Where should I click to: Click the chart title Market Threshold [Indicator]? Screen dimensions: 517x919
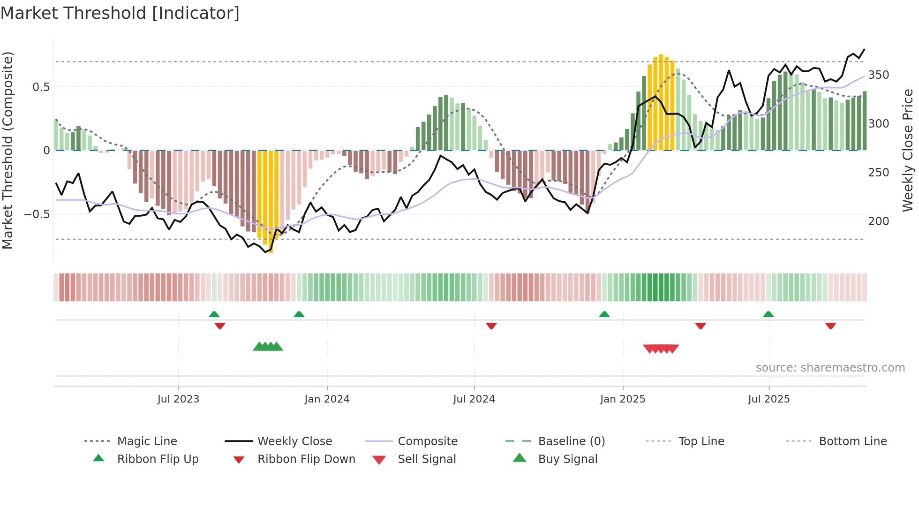120,13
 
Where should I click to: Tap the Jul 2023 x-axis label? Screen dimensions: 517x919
178,399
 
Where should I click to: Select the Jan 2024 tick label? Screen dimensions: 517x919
327,399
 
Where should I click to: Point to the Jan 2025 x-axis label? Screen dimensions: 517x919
623,399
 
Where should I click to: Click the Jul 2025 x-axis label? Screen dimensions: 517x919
769,399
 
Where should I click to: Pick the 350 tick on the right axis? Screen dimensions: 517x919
879,75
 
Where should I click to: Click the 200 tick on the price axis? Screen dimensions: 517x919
879,221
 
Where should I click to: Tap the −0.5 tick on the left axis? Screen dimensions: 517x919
37,214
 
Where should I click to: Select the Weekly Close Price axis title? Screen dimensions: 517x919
908,150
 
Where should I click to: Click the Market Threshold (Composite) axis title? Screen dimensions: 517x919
8,150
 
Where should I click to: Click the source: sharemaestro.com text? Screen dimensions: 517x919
830,368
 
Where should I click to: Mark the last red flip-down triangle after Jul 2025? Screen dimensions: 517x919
830,326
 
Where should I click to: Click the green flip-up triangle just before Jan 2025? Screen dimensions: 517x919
604,314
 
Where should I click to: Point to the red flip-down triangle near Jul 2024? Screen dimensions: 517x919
491,326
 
